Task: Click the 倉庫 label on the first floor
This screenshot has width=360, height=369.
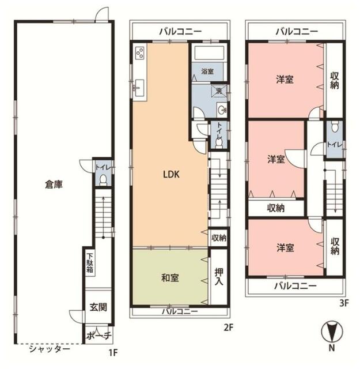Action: (x=54, y=184)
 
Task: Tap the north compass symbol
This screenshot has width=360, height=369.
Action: (x=332, y=332)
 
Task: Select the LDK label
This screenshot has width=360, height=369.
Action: (x=172, y=174)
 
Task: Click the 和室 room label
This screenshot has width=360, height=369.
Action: (x=170, y=278)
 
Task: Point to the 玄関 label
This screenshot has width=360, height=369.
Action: (x=98, y=307)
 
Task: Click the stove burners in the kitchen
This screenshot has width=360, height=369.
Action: (x=139, y=53)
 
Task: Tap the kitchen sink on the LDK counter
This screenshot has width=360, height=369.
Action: (x=139, y=88)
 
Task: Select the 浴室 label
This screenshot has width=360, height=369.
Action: (x=207, y=71)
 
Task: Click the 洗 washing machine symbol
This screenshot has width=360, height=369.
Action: (x=219, y=91)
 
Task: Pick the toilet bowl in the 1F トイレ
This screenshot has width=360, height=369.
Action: (x=103, y=180)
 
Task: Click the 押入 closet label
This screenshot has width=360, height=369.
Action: (x=219, y=276)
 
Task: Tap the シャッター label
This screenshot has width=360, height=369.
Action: (x=50, y=349)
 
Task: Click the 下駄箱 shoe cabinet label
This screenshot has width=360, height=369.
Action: (x=90, y=263)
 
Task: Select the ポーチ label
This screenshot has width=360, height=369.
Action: (x=98, y=336)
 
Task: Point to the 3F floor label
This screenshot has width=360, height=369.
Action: (x=343, y=303)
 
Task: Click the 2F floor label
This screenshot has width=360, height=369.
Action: (x=228, y=327)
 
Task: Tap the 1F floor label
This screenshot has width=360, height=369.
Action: (x=113, y=352)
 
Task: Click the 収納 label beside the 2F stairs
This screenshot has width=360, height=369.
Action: (x=219, y=238)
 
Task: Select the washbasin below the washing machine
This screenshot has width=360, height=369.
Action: (x=222, y=110)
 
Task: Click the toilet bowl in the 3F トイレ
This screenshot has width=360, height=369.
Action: (x=335, y=127)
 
